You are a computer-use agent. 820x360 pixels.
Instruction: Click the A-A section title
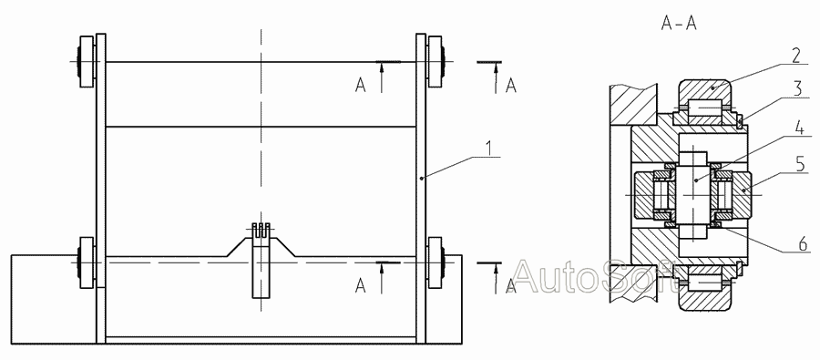pyautogui.click(x=679, y=24)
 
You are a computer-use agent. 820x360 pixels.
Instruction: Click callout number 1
pyautogui.click(x=488, y=149)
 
